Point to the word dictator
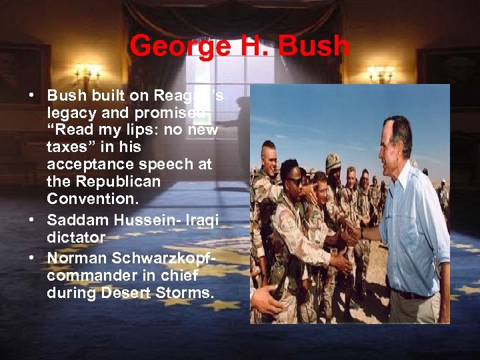coord(76,237)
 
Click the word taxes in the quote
coord(65,147)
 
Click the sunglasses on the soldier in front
coord(294,181)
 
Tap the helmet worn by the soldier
coord(333,161)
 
